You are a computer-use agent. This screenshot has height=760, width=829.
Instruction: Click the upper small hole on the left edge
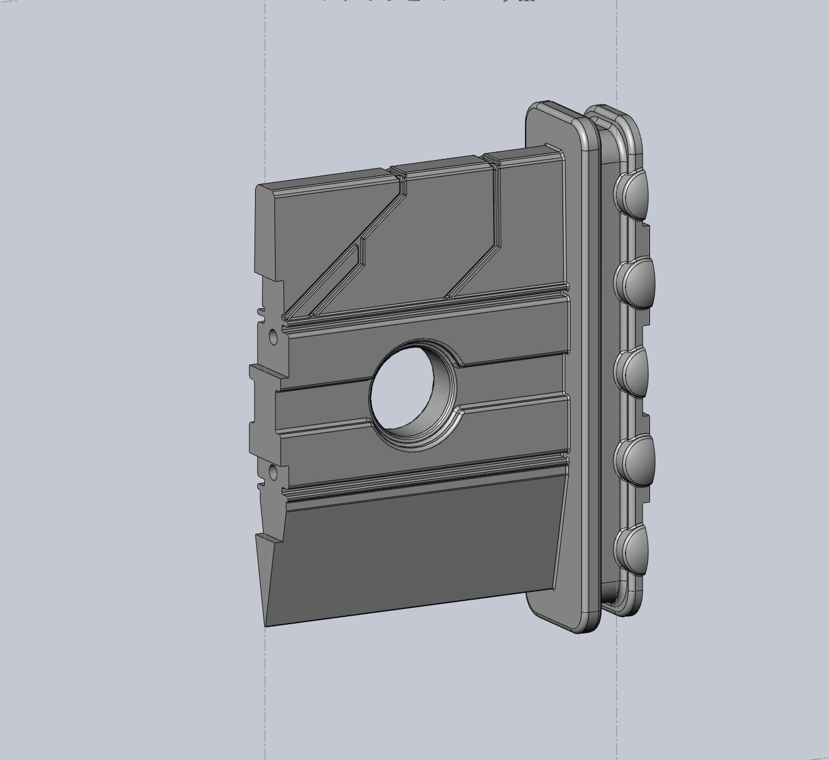pos(272,337)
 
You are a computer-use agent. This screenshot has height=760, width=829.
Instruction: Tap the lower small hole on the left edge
pos(273,471)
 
